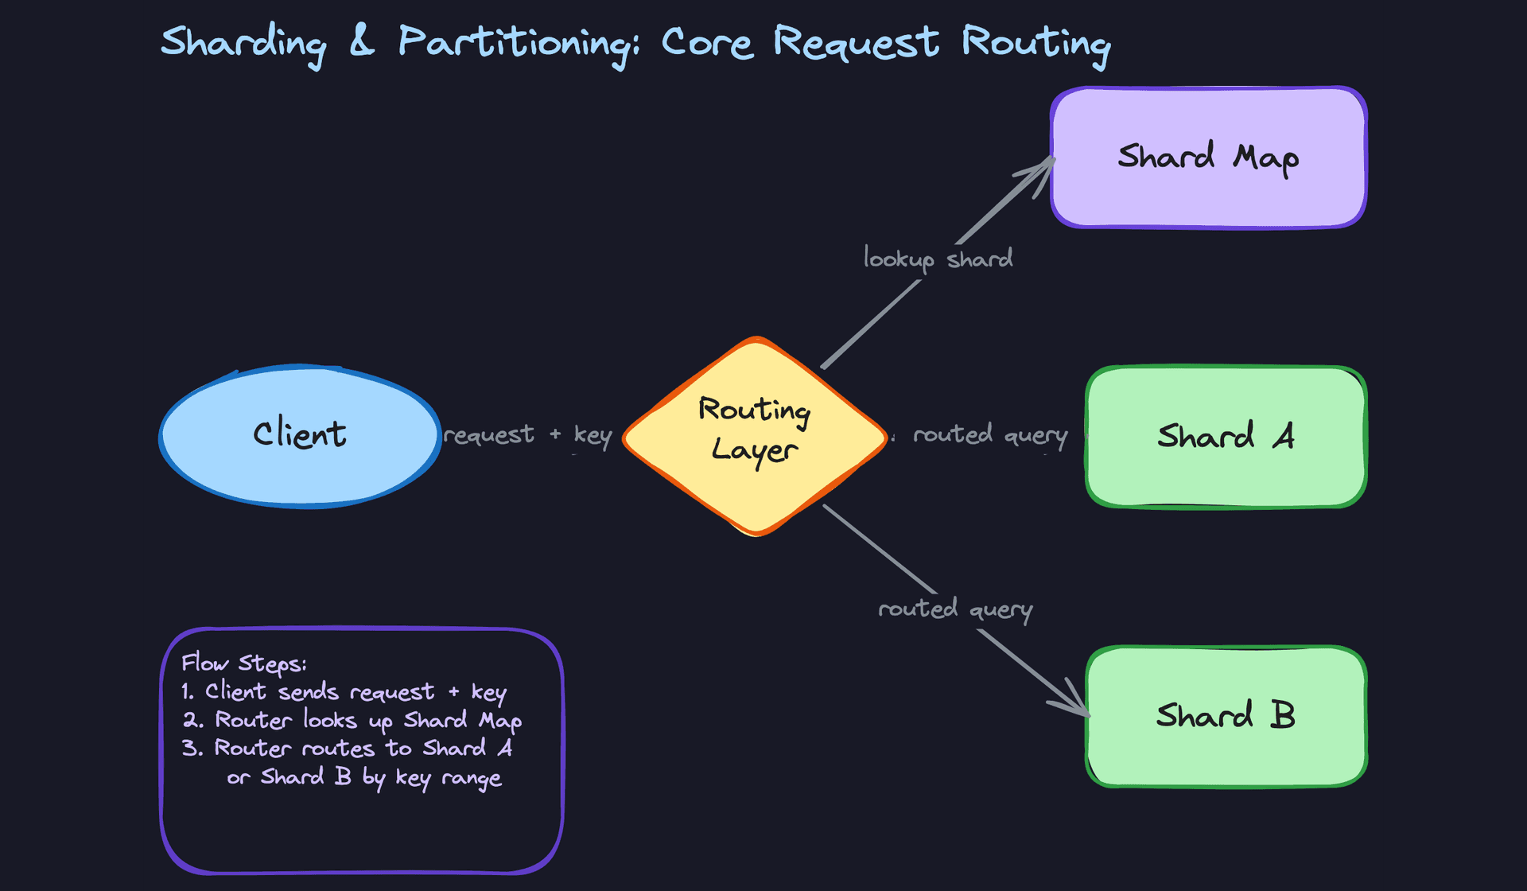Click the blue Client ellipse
[x=300, y=436]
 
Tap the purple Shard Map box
[x=1208, y=158]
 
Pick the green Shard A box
[x=1226, y=437]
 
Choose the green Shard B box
[x=1226, y=716]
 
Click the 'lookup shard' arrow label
[x=938, y=259]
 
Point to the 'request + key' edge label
[x=527, y=435]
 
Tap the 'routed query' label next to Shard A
[x=989, y=435]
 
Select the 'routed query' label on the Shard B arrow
[x=954, y=610]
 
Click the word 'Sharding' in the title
[x=243, y=43]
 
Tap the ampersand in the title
[x=362, y=41]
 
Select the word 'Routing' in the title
[x=1035, y=43]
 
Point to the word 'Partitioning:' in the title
[x=518, y=43]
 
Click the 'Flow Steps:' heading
[x=243, y=663]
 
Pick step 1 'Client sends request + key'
[x=344, y=692]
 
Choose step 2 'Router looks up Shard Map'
[x=352, y=721]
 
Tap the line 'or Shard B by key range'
[x=364, y=777]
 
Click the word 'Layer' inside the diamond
[x=753, y=450]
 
